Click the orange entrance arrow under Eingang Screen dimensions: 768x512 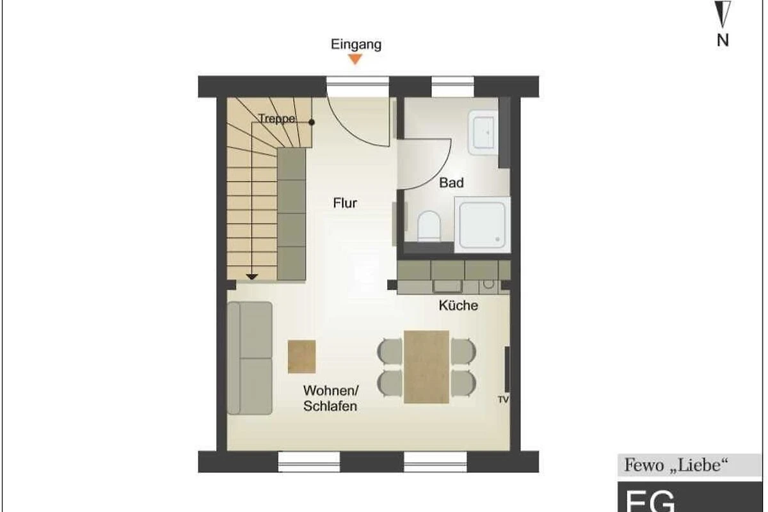pyautogui.click(x=356, y=59)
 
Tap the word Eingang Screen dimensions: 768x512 pyautogui.click(x=356, y=45)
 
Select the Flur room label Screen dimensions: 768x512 pyautogui.click(x=345, y=203)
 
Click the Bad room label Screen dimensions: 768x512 pyautogui.click(x=451, y=182)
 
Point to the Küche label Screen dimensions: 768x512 pyautogui.click(x=458, y=305)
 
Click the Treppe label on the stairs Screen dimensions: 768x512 pyautogui.click(x=276, y=118)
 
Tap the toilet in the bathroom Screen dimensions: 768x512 pyautogui.click(x=429, y=226)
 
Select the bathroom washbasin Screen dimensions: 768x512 pyautogui.click(x=484, y=132)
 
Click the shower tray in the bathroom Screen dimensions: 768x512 pyautogui.click(x=483, y=225)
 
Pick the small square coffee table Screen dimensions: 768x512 pyautogui.click(x=301, y=356)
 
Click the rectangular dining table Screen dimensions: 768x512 pyautogui.click(x=426, y=367)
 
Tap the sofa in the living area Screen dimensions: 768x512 pyautogui.click(x=250, y=358)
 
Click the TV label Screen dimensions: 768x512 pyautogui.click(x=503, y=399)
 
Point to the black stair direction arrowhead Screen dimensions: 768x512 pyautogui.click(x=252, y=276)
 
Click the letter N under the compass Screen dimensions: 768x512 pyautogui.click(x=723, y=40)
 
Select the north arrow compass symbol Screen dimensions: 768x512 pyautogui.click(x=723, y=13)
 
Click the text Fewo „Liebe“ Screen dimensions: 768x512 pyautogui.click(x=676, y=465)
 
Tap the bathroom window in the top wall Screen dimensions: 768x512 pyautogui.click(x=452, y=86)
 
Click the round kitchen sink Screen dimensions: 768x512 pyautogui.click(x=488, y=284)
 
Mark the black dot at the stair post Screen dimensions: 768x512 pyautogui.click(x=311, y=122)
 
